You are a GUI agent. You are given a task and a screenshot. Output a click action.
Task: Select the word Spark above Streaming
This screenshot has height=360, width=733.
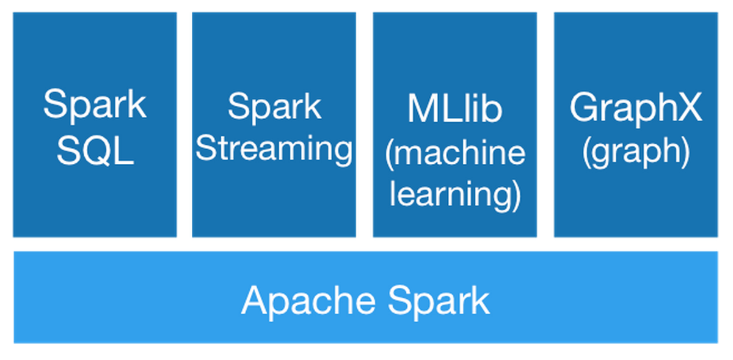point(274,108)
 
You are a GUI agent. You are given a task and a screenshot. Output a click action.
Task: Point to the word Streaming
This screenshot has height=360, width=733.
point(274,149)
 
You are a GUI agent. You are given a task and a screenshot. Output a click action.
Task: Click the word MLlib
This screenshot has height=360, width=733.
point(454,108)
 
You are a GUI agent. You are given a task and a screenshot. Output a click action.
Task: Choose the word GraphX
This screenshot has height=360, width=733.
point(636,108)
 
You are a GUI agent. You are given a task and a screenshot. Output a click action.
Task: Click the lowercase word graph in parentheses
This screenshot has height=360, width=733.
point(636,153)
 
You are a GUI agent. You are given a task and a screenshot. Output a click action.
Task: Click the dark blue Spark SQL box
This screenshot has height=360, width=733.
point(95,202)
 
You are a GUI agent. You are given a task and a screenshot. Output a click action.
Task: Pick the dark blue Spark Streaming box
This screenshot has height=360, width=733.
point(274,202)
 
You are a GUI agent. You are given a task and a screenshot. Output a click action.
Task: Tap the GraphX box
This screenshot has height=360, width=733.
point(636,202)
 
